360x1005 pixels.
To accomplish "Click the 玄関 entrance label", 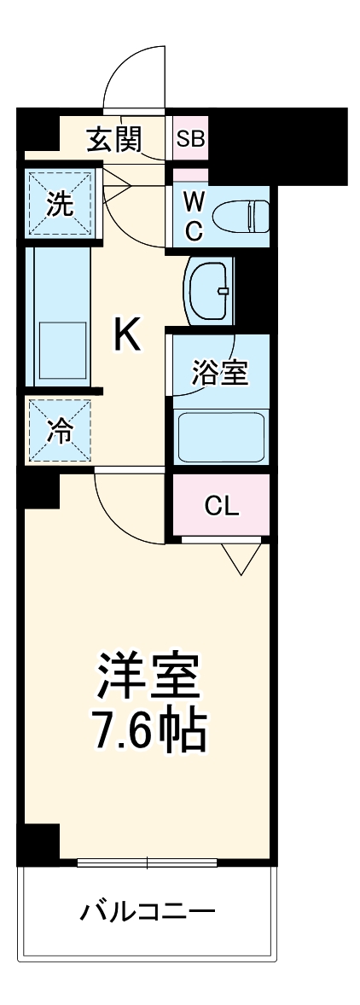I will [x=113, y=138].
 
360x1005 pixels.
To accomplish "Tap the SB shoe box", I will [x=189, y=138].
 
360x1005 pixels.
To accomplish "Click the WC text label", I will [x=194, y=216].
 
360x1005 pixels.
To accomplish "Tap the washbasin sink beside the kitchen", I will [x=207, y=290].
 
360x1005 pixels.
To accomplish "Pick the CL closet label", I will [x=221, y=505].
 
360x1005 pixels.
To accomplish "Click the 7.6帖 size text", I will [x=148, y=729].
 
